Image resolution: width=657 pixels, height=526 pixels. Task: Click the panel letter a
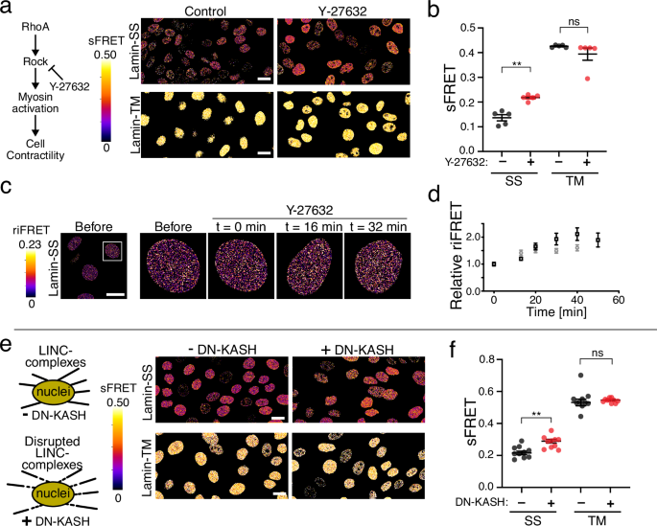[x=8, y=9]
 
